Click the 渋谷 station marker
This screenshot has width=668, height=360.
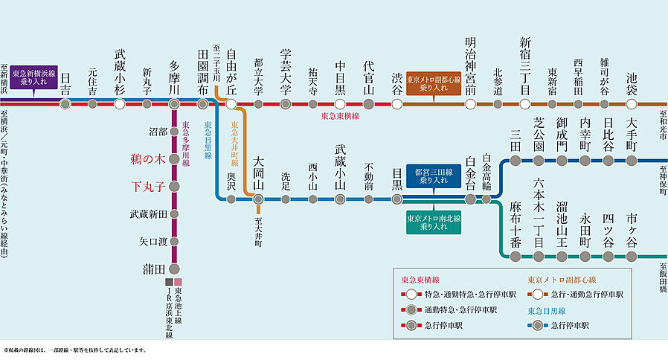point(396,103)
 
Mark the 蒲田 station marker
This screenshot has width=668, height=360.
point(174,269)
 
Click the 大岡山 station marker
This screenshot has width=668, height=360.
point(258,199)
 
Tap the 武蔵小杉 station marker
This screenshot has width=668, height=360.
point(120,103)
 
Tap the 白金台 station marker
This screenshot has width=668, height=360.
point(470,199)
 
